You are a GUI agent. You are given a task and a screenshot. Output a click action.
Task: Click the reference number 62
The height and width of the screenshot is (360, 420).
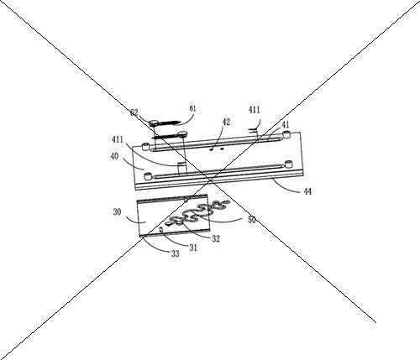coord(134,112)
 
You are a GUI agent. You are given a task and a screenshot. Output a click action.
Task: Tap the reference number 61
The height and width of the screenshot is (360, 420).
coord(192,108)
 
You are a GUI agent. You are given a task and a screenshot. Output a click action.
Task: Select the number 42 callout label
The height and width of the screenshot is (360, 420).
coord(226,122)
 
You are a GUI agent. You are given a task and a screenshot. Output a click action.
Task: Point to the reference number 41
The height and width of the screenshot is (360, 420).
coord(286,124)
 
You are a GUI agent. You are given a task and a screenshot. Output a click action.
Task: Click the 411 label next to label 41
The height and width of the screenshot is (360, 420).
coord(255,110)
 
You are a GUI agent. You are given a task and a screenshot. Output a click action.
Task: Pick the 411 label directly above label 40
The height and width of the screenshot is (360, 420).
coord(118,139)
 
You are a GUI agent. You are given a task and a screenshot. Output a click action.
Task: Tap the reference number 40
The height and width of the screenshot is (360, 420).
coord(114,156)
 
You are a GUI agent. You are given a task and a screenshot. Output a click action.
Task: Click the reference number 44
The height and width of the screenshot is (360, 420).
coord(307,191)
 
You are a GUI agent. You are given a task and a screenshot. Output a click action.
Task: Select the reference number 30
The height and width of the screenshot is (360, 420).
coord(118,212)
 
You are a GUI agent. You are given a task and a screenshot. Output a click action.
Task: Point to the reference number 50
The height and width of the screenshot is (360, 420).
coord(252,220)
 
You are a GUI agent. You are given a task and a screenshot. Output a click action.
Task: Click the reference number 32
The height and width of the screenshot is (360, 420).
coord(216,238)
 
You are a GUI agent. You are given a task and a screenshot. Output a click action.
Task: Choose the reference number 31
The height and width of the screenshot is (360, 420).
coord(193,248)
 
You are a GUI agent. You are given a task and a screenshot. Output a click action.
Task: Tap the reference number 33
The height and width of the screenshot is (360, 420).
coord(176,253)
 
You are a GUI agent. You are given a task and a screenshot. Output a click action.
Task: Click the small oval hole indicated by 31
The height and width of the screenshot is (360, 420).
coord(161,229)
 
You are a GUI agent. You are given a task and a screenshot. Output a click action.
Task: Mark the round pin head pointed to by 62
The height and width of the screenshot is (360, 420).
coord(154,123)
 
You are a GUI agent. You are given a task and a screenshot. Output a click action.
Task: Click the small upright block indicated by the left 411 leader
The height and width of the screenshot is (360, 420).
coord(181,169)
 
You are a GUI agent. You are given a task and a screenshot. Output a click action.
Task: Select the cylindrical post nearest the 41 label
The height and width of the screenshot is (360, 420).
coord(286,134)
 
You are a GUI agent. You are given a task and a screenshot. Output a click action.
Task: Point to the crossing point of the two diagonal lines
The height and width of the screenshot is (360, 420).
coord(209,180)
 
